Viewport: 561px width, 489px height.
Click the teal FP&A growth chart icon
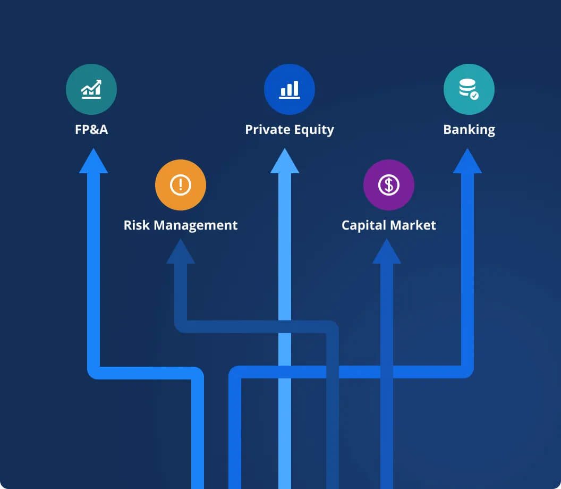[x=91, y=89]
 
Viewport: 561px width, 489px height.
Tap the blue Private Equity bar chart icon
[x=290, y=89]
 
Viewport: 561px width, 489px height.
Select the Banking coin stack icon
[x=469, y=89]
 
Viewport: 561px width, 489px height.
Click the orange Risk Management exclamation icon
[x=181, y=185]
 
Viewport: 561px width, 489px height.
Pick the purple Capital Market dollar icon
[x=389, y=185]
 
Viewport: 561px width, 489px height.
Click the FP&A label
[x=91, y=130]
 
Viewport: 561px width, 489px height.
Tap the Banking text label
[x=469, y=130]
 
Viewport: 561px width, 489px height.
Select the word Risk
[x=135, y=225]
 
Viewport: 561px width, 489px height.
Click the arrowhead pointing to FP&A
[x=93, y=162]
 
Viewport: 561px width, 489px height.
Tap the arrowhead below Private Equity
[x=285, y=162]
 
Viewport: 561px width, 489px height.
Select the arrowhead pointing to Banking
[x=467, y=162]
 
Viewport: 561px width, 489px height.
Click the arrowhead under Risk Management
[x=181, y=252]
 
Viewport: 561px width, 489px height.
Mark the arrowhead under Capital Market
[x=387, y=252]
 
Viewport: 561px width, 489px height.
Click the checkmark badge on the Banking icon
[x=474, y=96]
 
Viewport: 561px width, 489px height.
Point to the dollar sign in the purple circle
[x=389, y=185]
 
